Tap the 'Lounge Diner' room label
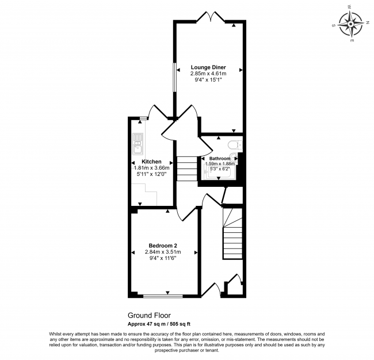point(208,67)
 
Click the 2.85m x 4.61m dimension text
point(208,74)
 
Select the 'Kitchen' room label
point(151,162)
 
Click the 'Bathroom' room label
point(219,158)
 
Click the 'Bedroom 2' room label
point(164,245)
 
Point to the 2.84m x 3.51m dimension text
point(164,252)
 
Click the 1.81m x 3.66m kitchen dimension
point(152,168)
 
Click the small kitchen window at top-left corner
point(142,118)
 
